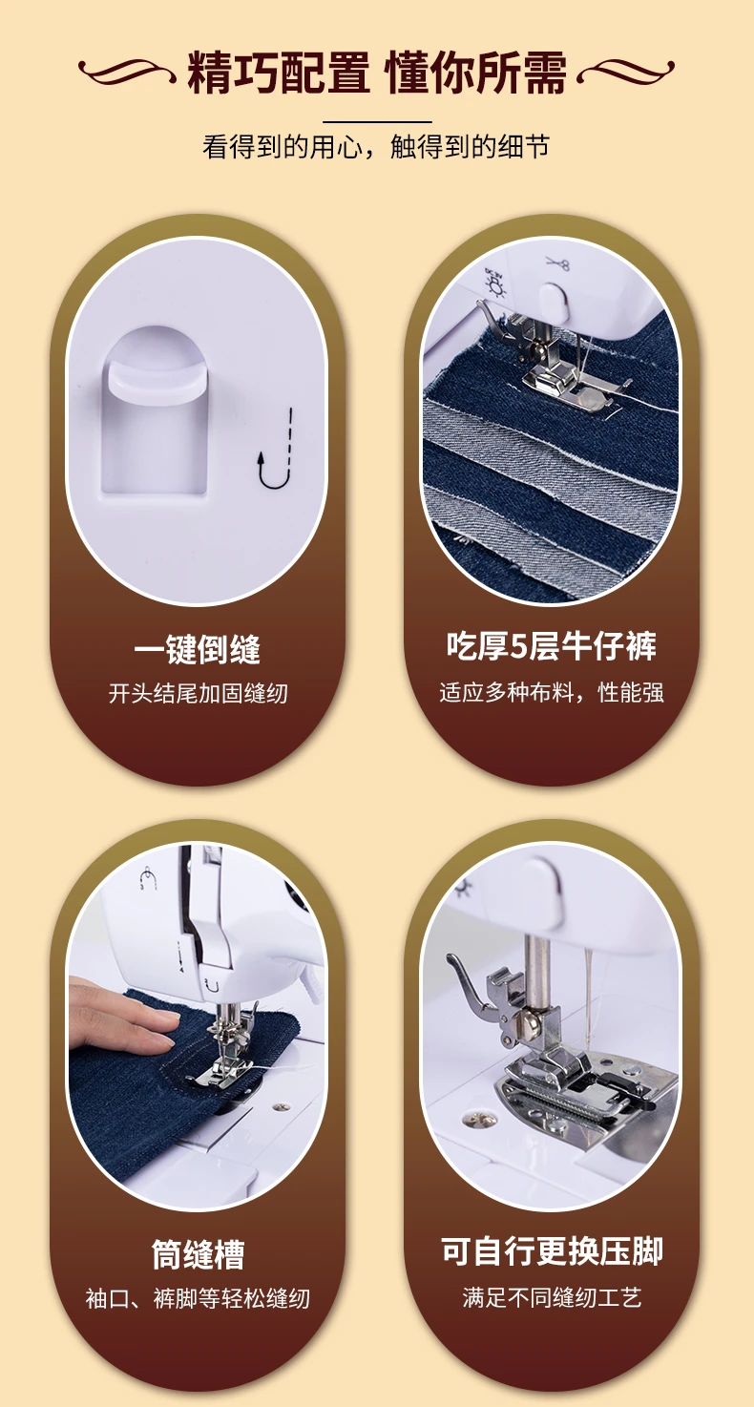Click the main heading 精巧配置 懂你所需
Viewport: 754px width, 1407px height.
pos(377,73)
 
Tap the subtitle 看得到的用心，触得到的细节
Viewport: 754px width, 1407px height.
pos(376,147)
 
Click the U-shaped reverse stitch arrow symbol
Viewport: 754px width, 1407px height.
pos(276,448)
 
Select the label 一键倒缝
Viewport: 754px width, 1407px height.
pos(198,649)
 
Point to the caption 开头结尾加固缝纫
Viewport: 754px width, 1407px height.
pos(198,693)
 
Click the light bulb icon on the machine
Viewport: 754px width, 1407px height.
pos(496,282)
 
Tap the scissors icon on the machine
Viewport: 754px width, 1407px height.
pos(556,263)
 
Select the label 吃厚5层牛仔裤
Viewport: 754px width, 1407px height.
pos(552,647)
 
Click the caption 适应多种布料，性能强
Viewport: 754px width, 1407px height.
pos(552,692)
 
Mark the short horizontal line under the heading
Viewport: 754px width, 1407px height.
pos(377,121)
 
